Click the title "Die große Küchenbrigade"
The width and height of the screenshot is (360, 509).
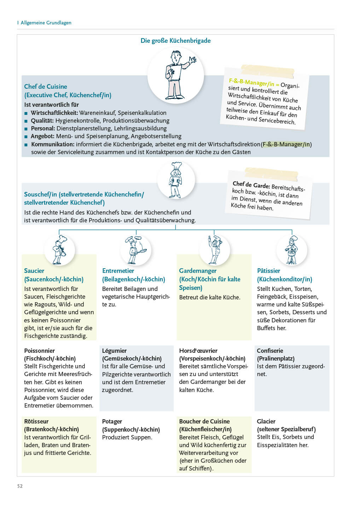tap(175, 41)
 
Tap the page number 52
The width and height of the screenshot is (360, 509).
tap(20, 486)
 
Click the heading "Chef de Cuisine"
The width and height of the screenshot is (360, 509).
tap(46, 87)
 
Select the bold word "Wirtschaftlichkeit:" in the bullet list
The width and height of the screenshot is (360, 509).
tap(54, 113)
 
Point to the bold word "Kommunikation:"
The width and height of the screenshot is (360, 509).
tap(53, 144)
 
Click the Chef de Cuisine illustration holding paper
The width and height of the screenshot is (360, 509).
tap(176, 75)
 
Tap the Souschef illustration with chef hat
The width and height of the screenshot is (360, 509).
tap(176, 180)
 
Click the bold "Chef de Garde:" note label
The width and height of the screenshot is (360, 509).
tap(251, 185)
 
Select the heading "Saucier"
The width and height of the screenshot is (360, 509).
tap(34, 271)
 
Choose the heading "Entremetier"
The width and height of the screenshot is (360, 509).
tap(118, 271)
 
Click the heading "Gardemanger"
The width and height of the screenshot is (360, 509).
tap(198, 271)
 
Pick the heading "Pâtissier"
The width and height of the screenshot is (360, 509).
tap(268, 271)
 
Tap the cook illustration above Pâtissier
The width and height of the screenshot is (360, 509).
tap(292, 250)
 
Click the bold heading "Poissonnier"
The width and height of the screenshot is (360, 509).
tap(39, 351)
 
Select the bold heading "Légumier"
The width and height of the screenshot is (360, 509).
tap(114, 351)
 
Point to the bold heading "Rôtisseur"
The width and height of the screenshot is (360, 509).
tap(36, 421)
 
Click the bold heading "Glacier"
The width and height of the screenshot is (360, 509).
tap(266, 421)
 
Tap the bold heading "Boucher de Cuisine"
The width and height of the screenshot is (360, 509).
tap(204, 421)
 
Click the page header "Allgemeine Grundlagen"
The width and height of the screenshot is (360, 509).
tap(46, 23)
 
